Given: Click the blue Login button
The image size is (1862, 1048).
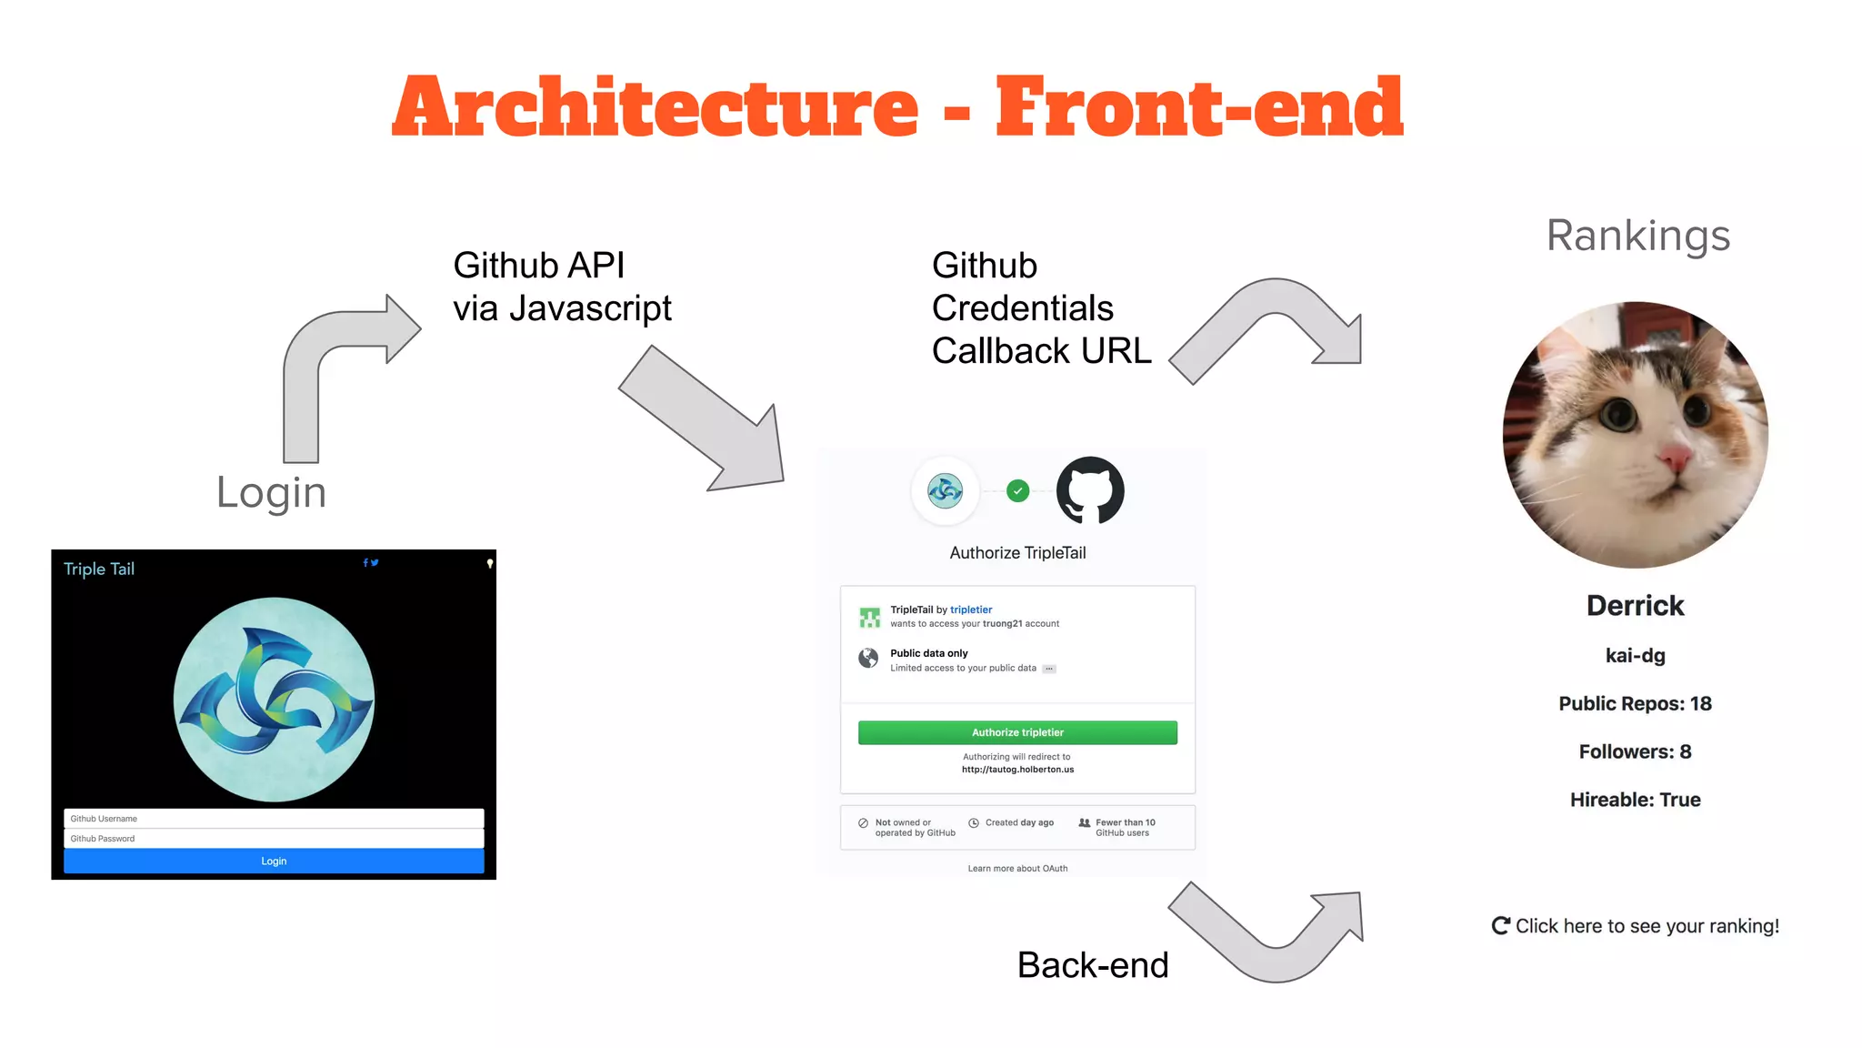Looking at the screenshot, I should pyautogui.click(x=274, y=861).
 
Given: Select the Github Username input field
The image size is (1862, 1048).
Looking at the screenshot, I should pyautogui.click(x=274, y=819).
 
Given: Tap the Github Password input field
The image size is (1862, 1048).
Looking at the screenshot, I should pyautogui.click(x=274, y=839).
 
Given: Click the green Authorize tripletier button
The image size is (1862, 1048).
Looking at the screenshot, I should pyautogui.click(x=1017, y=732).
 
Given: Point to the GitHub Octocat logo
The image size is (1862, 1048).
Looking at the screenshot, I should pyautogui.click(x=1090, y=490).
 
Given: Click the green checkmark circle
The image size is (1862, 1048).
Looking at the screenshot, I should pyautogui.click(x=1018, y=491).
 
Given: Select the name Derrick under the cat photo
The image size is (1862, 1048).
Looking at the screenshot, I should pyautogui.click(x=1635, y=606).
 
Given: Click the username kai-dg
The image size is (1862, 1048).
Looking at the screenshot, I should pyautogui.click(x=1635, y=656).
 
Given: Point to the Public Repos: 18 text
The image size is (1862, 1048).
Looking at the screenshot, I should pyautogui.click(x=1635, y=703).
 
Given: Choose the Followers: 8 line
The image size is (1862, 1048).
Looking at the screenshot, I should pyautogui.click(x=1635, y=751).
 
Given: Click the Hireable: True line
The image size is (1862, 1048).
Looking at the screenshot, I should pyautogui.click(x=1635, y=800).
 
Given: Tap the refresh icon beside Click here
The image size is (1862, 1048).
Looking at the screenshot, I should pyautogui.click(x=1501, y=926).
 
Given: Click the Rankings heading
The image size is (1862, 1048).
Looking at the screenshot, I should pyautogui.click(x=1638, y=236).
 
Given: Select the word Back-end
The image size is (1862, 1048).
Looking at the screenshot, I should pyautogui.click(x=1093, y=965).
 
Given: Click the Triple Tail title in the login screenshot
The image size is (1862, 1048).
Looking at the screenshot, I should pyautogui.click(x=99, y=569).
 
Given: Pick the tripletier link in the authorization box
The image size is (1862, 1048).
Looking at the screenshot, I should pyautogui.click(x=971, y=610).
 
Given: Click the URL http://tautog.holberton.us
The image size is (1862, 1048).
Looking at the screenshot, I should pyautogui.click(x=1017, y=770).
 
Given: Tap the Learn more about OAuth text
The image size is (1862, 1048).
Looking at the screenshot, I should pyautogui.click(x=1017, y=869).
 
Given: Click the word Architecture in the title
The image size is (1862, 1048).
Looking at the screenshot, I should pyautogui.click(x=655, y=107).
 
